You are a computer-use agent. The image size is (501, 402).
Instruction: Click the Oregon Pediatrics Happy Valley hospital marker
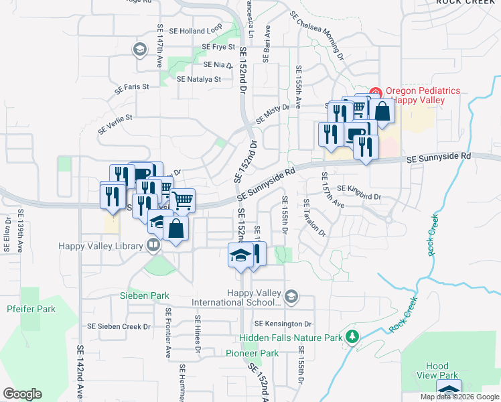coord(375,92)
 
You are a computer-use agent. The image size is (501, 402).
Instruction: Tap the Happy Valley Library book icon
coord(153,246)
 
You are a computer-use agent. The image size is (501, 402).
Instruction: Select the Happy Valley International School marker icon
coord(291,295)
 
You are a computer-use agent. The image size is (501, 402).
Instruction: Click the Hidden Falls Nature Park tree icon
coord(350,336)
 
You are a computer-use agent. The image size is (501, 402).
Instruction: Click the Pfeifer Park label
coord(31,309)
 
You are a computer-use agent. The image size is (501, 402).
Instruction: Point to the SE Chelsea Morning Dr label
coord(317,34)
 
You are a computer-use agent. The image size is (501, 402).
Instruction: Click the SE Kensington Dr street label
coord(283,324)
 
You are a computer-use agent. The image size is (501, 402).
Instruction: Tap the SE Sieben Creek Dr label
coord(119,326)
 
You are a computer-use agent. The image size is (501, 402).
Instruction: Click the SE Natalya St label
coord(199,79)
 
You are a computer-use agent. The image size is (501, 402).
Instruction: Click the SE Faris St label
coord(131,87)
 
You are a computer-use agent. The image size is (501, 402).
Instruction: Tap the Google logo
coord(22,394)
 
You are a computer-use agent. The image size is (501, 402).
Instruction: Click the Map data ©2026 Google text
coord(459,397)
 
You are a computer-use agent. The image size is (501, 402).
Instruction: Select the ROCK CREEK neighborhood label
coord(468,2)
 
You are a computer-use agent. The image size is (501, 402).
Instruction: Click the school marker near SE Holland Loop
coord(140,49)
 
